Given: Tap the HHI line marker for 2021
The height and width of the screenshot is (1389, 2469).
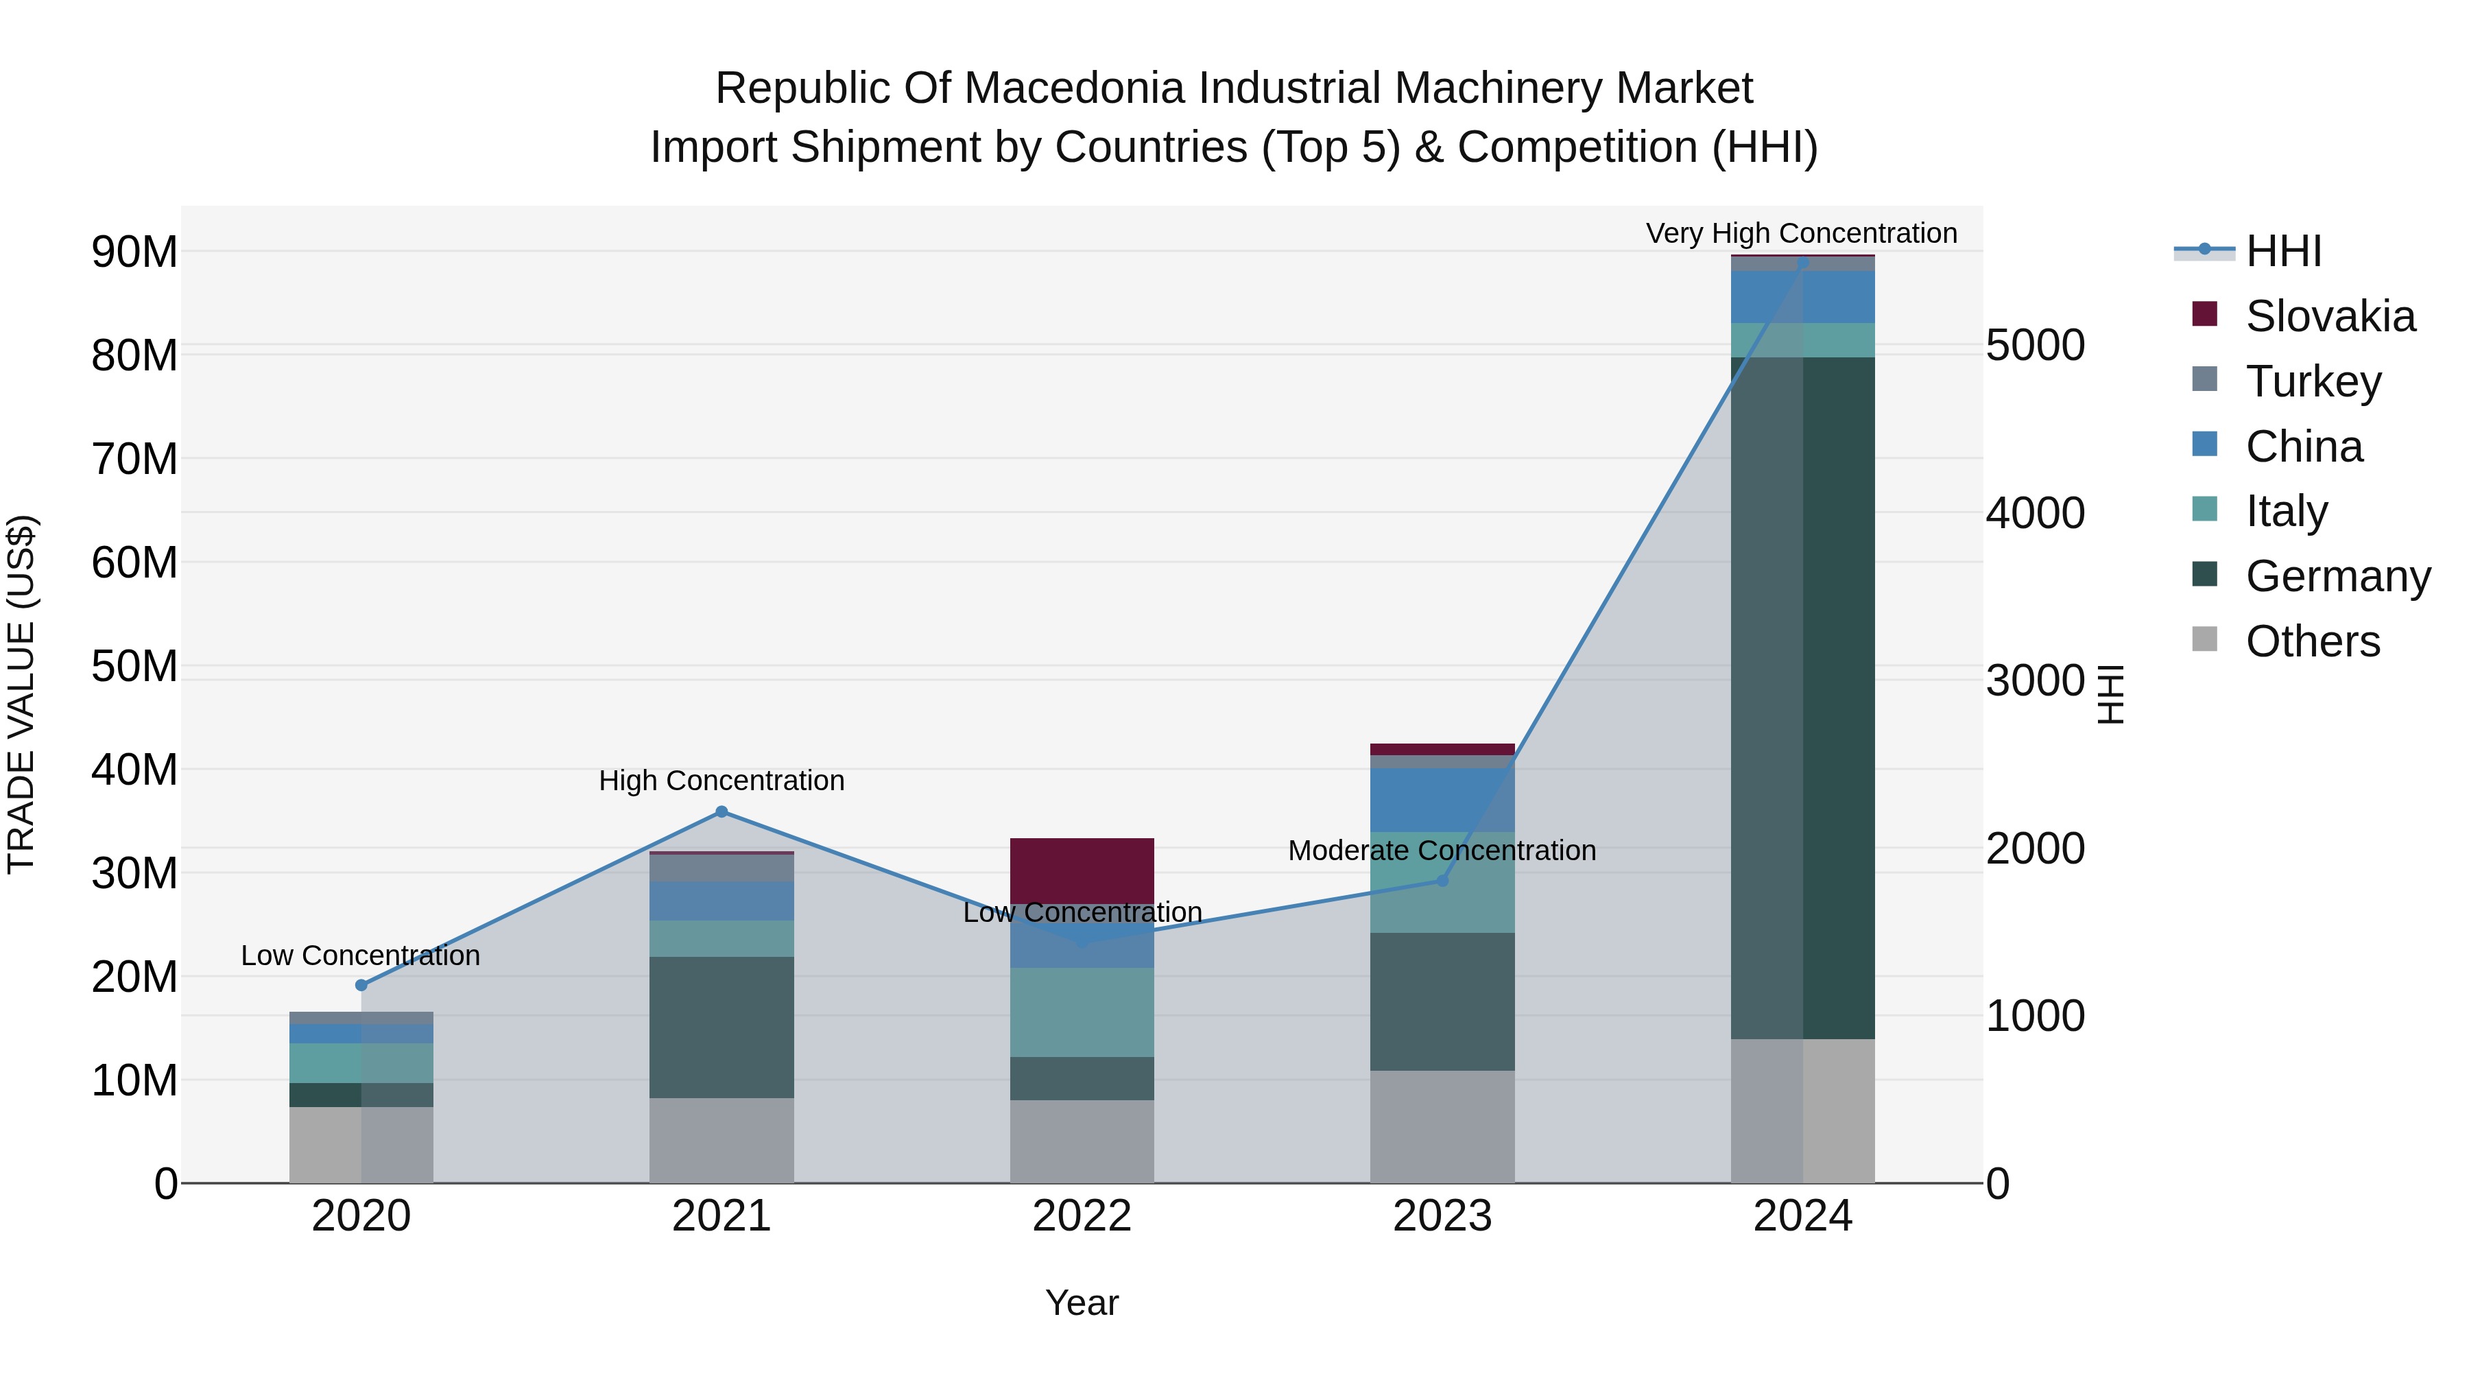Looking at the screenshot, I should click(721, 812).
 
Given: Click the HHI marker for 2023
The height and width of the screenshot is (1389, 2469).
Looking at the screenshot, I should click(1442, 880).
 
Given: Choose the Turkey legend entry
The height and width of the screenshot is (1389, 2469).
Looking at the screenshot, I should click(2313, 381).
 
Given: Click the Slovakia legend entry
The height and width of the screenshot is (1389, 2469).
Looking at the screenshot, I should click(2329, 316).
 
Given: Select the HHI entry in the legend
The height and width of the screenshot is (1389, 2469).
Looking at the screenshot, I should click(2282, 251).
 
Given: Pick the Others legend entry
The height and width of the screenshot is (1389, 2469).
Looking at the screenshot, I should click(2312, 641).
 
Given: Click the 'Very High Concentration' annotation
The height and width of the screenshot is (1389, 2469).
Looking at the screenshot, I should click(1801, 233).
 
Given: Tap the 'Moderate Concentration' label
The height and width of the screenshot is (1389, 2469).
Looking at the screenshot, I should click(1442, 851).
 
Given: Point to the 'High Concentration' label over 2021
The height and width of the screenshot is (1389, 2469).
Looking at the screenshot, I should click(721, 781).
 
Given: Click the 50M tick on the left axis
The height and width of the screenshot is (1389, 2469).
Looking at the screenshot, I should click(134, 666).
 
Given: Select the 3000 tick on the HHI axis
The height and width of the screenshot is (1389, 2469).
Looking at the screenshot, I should click(2035, 680).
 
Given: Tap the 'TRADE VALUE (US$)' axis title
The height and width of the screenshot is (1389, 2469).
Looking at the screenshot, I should click(21, 694).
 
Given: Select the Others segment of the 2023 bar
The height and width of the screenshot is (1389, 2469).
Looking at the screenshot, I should click(1442, 1126).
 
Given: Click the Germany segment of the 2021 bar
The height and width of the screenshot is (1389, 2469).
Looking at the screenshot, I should click(721, 1027).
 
